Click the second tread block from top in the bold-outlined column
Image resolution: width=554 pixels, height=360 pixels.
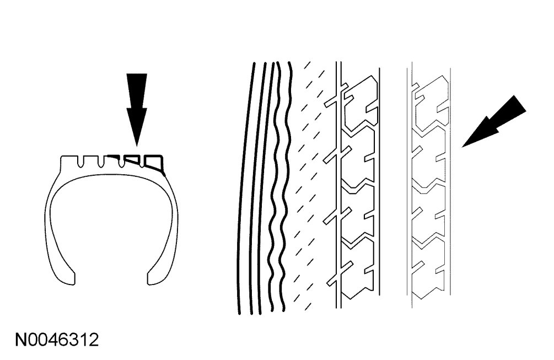click(x=361, y=157)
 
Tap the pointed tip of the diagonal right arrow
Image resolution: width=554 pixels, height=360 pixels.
click(x=463, y=147)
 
